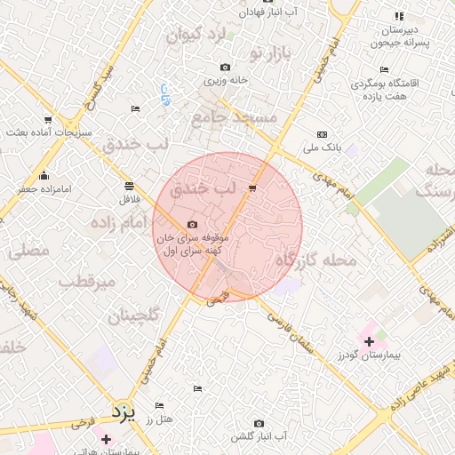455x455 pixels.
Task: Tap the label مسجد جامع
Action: click(234, 116)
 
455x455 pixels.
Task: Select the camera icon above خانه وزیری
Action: click(225, 67)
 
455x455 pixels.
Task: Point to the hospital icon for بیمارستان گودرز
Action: click(369, 339)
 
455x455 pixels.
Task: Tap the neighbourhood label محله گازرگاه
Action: click(315, 259)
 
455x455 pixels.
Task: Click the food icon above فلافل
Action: click(130, 186)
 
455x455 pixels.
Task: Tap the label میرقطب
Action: click(87, 282)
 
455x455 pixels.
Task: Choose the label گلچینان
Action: click(133, 315)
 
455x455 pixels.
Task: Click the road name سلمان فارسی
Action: click(291, 327)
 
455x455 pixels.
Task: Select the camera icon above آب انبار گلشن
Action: click(259, 423)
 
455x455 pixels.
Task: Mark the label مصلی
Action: click(28, 251)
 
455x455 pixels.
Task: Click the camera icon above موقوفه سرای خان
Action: click(192, 225)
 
